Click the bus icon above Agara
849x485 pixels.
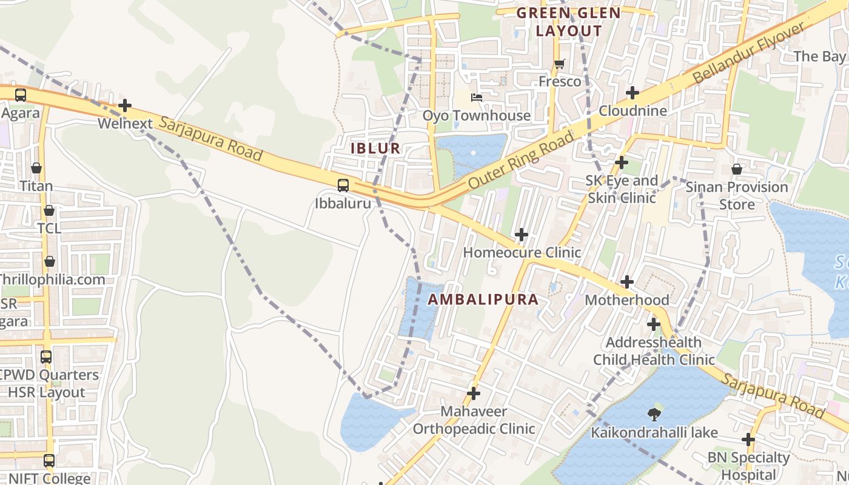20,95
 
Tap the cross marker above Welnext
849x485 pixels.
125,106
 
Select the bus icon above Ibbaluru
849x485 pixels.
343,186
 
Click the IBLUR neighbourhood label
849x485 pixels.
375,148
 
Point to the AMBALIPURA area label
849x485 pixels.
483,299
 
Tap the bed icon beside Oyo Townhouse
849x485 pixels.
477,98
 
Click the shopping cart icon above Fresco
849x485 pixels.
559,64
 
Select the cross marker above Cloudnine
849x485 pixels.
633,93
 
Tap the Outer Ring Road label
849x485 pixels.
521,161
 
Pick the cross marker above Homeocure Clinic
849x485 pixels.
521,235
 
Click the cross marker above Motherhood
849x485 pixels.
627,282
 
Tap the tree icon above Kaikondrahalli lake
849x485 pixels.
654,415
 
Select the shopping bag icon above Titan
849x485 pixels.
36,168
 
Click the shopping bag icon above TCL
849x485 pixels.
49,210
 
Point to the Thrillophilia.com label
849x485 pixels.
52,279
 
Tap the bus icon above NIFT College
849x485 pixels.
49,461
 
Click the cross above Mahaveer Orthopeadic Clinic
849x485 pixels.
474,394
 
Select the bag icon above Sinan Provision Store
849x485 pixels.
737,169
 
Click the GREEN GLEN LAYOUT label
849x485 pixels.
569,22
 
